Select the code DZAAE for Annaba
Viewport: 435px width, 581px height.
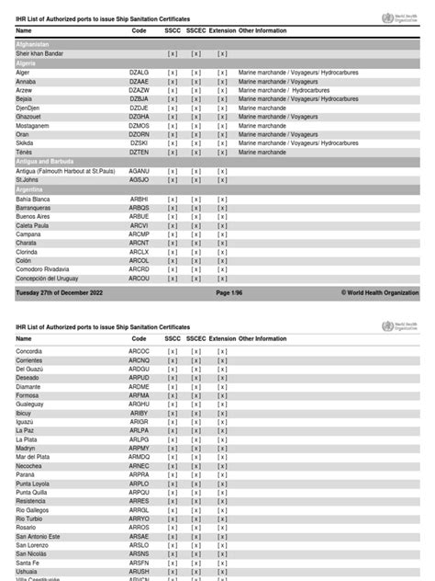(139, 80)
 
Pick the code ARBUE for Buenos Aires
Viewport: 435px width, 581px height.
(139, 216)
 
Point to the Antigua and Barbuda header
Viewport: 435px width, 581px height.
(44, 162)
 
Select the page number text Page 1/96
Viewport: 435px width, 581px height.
(229, 292)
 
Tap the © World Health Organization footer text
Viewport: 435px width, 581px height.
(380, 292)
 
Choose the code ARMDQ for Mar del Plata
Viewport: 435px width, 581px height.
(139, 457)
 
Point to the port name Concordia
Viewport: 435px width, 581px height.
(30, 351)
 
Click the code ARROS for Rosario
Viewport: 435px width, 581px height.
(139, 527)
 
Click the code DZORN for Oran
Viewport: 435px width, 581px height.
(139, 134)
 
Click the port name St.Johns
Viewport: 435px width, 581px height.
(28, 179)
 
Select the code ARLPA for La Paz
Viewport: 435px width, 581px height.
(139, 430)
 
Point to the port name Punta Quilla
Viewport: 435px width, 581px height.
(34, 492)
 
